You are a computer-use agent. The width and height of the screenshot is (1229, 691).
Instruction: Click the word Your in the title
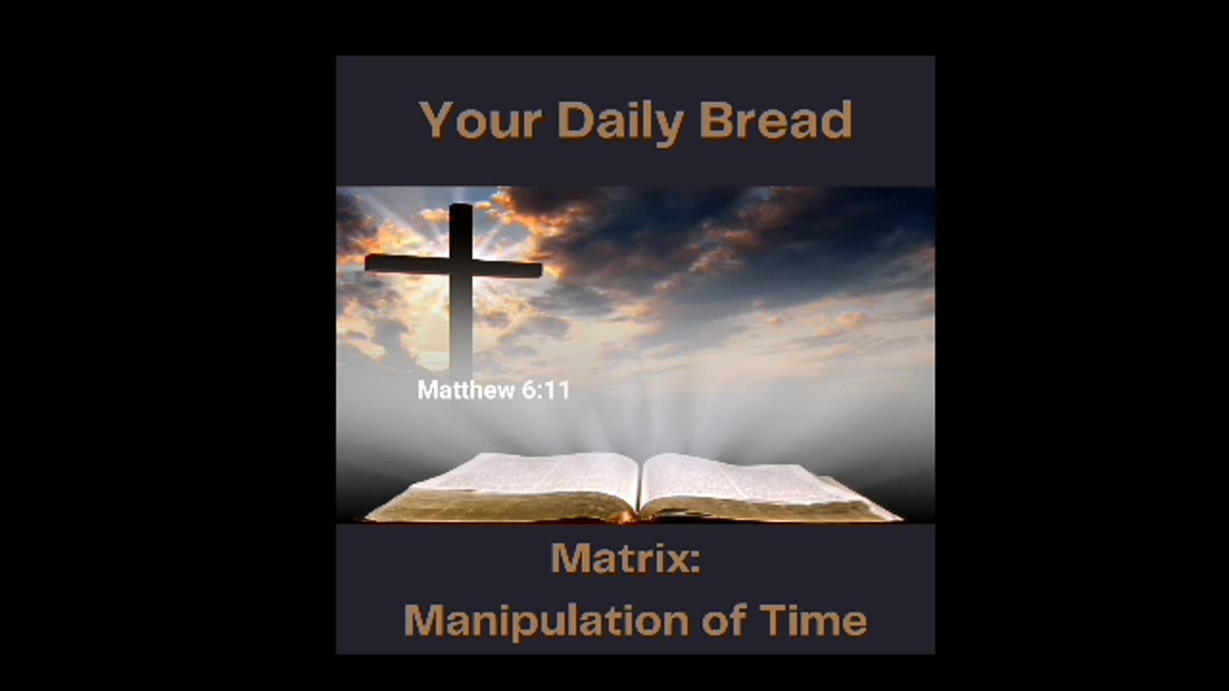[480, 121]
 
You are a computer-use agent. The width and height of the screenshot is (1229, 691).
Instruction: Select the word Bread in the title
[776, 121]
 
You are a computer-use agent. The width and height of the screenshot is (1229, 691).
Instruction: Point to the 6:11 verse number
[544, 391]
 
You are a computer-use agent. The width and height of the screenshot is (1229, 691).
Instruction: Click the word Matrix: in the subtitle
[625, 559]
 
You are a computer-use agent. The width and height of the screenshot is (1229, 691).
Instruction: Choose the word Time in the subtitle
[813, 621]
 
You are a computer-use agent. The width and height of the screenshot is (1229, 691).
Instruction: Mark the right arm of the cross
[509, 269]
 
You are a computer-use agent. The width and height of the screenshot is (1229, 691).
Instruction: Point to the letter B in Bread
[714, 121]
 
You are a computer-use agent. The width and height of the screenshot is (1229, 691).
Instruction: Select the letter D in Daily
[573, 121]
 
